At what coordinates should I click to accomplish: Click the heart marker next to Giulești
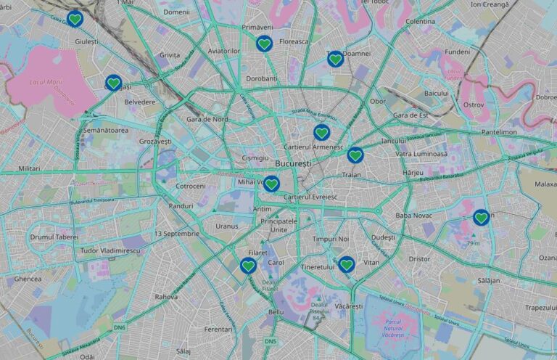75,20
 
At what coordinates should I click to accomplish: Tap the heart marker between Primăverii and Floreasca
265,44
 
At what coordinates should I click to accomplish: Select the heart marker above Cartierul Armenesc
322,133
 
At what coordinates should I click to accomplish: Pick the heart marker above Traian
355,155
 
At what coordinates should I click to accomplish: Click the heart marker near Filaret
248,266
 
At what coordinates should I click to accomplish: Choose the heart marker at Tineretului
347,264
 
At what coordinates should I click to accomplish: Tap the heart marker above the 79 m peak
481,217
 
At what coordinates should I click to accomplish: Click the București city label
293,164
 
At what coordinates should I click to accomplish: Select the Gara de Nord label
207,119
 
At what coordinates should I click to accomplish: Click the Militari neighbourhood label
30,168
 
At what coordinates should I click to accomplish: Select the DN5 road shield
271,341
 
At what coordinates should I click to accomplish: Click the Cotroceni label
191,187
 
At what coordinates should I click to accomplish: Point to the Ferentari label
218,330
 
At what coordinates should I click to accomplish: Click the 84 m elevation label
316,318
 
